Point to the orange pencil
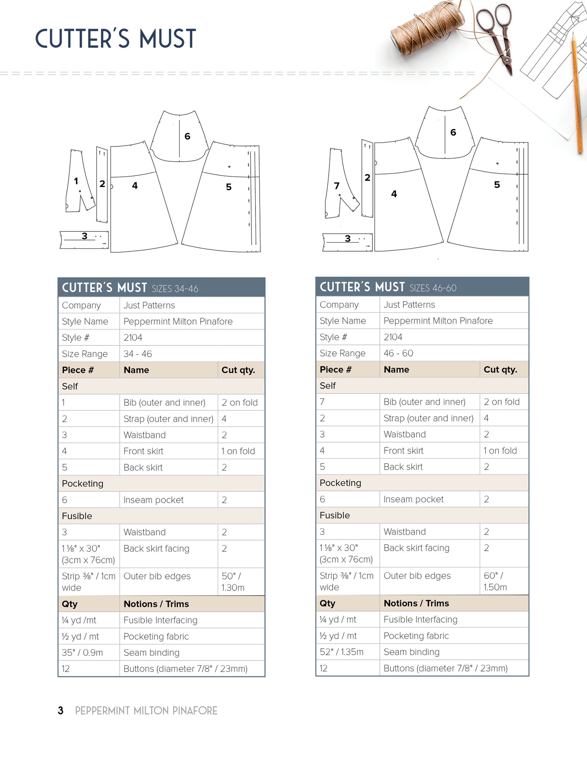pyautogui.click(x=577, y=93)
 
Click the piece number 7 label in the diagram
pyautogui.click(x=336, y=186)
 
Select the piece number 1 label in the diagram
pyautogui.click(x=76, y=181)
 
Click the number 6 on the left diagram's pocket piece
pyautogui.click(x=187, y=136)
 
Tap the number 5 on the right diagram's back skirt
pyautogui.click(x=497, y=185)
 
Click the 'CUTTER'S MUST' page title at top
pyautogui.click(x=116, y=39)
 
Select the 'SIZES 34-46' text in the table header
pyautogui.click(x=175, y=289)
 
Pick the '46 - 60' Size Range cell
pyautogui.click(x=399, y=353)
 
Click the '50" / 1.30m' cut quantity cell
pyautogui.click(x=233, y=582)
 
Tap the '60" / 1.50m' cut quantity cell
pyautogui.click(x=495, y=581)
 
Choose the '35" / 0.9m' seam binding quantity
pyautogui.click(x=82, y=652)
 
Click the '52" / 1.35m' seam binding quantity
pyautogui.click(x=342, y=652)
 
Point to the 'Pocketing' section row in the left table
pyautogui.click(x=83, y=484)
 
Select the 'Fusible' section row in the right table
pyautogui.click(x=335, y=515)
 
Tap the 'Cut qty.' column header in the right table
pyautogui.click(x=500, y=369)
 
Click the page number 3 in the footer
pyautogui.click(x=61, y=710)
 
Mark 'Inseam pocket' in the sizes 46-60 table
pyautogui.click(x=414, y=499)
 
